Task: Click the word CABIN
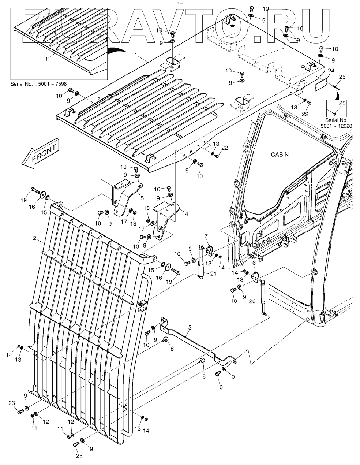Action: coord(280,155)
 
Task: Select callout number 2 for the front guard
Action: coord(35,238)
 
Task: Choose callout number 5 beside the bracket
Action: coord(142,198)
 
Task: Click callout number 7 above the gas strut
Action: coord(206,235)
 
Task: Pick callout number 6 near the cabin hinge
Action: coord(254,263)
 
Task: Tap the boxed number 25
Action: coord(342,104)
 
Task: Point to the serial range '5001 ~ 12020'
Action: coord(336,126)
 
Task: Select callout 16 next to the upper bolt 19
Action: coord(32,207)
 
